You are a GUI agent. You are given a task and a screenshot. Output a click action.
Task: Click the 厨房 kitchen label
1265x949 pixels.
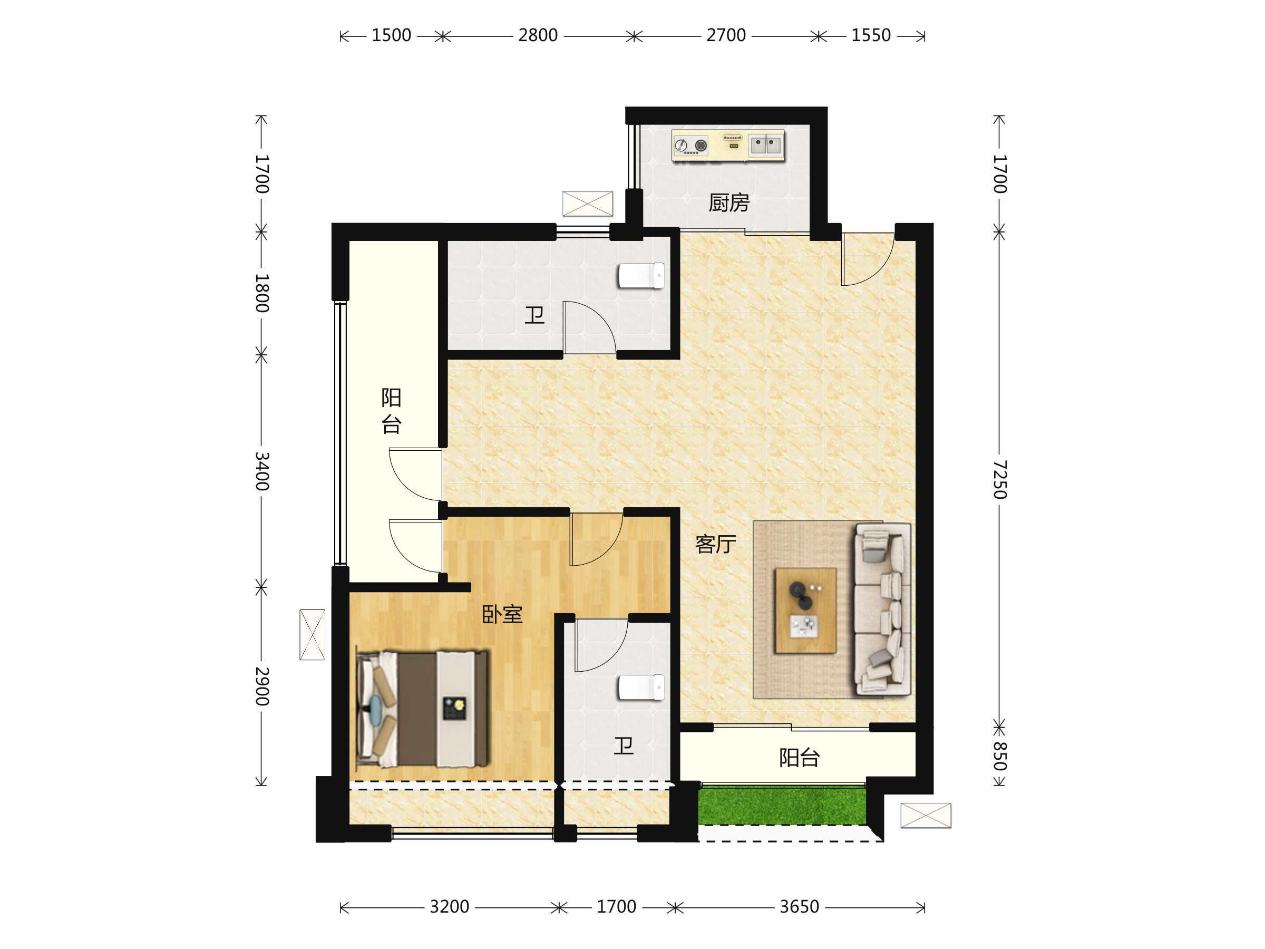[x=728, y=203]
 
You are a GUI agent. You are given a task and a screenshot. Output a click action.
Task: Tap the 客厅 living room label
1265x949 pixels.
[x=715, y=544]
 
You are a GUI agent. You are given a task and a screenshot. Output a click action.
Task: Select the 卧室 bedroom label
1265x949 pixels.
[x=502, y=614]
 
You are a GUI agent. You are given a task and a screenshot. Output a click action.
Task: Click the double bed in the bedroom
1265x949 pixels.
[x=423, y=709]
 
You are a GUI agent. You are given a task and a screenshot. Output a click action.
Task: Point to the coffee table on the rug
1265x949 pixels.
[x=805, y=611]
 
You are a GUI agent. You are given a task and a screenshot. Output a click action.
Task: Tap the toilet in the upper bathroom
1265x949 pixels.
[x=641, y=276]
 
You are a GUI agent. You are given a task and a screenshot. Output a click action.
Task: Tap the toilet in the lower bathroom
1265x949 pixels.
[x=641, y=687]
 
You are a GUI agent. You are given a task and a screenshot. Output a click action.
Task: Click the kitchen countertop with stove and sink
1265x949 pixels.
[x=728, y=146]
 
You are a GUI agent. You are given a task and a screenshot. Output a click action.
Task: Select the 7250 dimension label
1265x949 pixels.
[x=999, y=479]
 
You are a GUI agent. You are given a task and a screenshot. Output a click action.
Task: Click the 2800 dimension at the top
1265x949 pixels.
[x=538, y=35]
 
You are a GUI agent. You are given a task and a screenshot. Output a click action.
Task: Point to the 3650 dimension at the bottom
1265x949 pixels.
[x=800, y=907]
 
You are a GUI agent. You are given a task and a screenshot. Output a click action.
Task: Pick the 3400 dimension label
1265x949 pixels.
[x=261, y=471]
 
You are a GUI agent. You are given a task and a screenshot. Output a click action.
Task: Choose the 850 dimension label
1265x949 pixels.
[x=999, y=756]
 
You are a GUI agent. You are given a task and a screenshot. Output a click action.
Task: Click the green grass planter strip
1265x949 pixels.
[x=782, y=806]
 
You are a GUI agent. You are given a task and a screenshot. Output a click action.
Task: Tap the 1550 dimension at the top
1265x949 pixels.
[x=871, y=35]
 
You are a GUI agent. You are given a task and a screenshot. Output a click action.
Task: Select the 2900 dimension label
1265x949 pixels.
[x=261, y=686]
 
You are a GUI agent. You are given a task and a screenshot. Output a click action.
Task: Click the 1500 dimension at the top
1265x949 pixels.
[x=391, y=35]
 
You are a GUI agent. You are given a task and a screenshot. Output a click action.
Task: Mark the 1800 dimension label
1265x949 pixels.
[x=261, y=293]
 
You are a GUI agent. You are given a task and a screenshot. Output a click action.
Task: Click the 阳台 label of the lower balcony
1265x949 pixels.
[x=800, y=758]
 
